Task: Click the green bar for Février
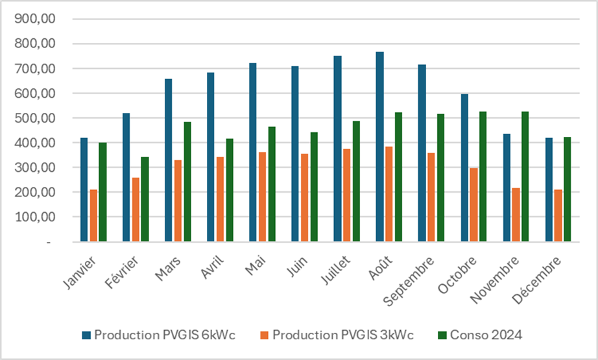point(145,199)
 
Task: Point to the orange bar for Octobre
point(473,205)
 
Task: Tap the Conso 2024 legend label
point(486,335)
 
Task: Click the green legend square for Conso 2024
point(442,335)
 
